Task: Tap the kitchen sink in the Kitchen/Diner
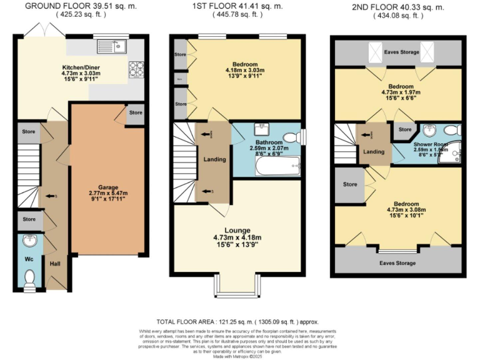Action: click(112, 46)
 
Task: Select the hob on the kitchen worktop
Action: click(136, 69)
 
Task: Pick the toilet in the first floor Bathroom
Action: click(292, 137)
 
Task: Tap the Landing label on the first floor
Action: click(214, 159)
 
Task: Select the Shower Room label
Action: click(427, 144)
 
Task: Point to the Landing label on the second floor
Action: click(374, 152)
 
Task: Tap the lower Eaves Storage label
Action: click(397, 262)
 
